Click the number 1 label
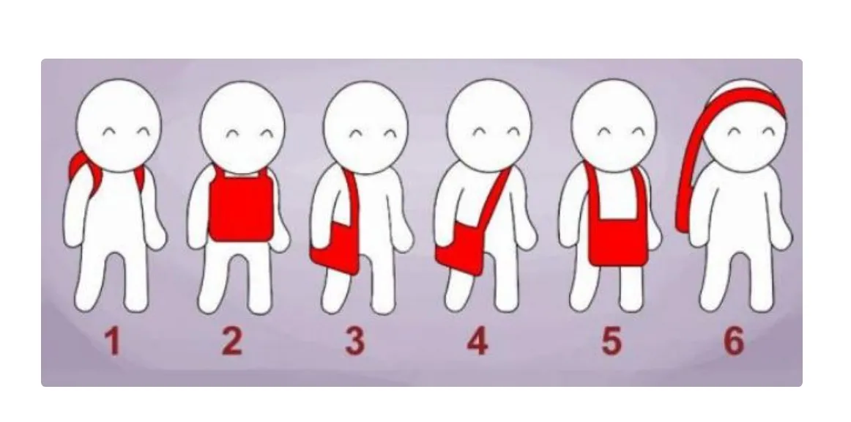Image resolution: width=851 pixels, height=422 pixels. [112, 341]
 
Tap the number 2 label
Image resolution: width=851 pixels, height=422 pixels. [231, 341]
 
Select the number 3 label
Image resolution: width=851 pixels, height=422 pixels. [355, 341]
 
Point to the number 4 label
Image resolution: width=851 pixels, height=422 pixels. [477, 341]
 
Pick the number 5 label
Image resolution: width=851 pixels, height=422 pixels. [611, 341]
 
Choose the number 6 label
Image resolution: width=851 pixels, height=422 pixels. [733, 341]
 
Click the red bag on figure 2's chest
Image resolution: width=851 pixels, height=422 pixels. [242, 207]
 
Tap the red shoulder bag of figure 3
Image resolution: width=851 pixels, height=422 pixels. [335, 247]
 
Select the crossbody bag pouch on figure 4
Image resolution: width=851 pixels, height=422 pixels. [460, 250]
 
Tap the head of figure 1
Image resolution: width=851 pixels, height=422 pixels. [119, 125]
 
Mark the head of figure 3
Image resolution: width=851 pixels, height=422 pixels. [365, 127]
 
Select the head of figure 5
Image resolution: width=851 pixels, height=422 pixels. [614, 126]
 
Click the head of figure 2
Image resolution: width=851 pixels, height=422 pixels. [242, 127]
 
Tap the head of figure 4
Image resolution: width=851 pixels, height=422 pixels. [489, 126]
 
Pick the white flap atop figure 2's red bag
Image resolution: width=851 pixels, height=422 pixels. [243, 174]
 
